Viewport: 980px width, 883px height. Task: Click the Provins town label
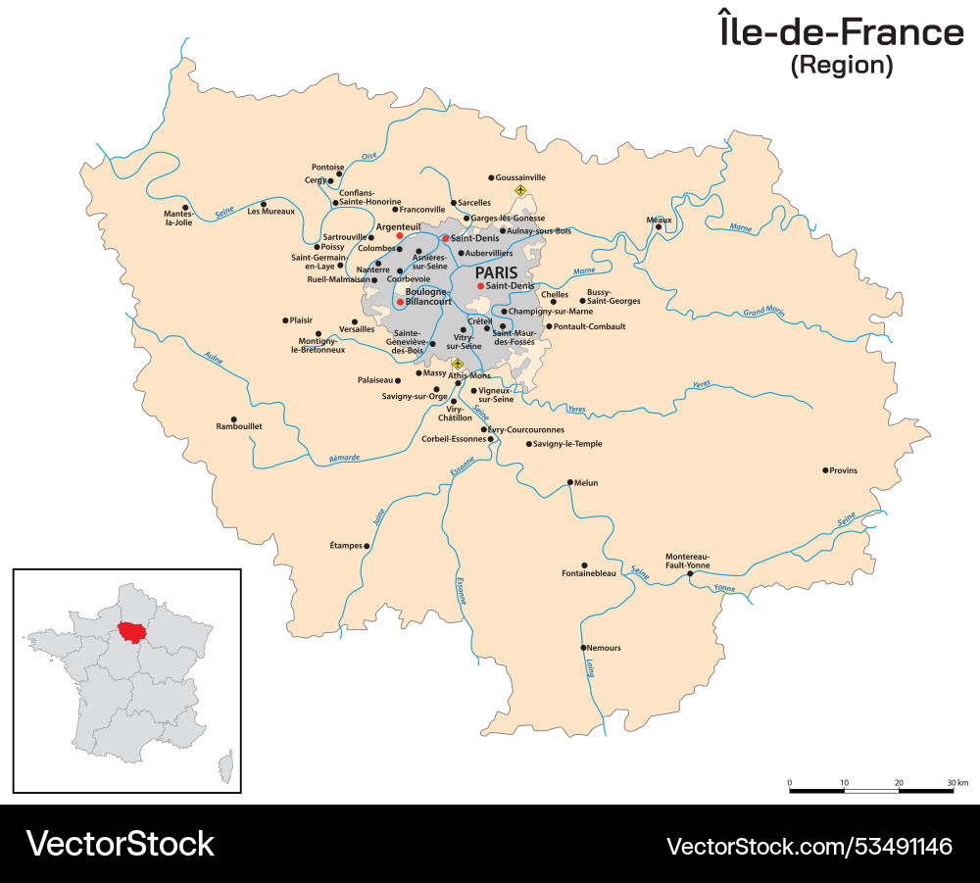pos(844,470)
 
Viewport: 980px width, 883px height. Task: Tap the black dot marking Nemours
pos(583,647)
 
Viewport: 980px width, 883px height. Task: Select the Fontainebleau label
pos(589,573)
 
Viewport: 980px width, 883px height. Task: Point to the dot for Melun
pos(570,482)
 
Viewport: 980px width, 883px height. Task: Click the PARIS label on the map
pos(496,272)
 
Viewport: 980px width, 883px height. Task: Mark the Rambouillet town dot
pos(233,418)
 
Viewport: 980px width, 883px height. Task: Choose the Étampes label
pos(345,545)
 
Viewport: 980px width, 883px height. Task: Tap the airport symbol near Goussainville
pos(520,190)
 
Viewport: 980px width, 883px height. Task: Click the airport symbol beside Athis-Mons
pos(457,364)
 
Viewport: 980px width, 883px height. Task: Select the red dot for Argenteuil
pos(399,236)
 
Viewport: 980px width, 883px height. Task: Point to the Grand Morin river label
pos(763,313)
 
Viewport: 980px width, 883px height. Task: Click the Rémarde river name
pos(344,458)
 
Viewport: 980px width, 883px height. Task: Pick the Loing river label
pos(590,668)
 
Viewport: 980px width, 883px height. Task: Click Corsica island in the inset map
pos(227,767)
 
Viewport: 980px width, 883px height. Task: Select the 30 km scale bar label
pos(957,783)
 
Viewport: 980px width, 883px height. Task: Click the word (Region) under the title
pos(842,66)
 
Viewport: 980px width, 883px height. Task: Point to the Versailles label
pos(357,329)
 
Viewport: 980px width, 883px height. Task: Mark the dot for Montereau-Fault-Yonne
pos(690,574)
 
